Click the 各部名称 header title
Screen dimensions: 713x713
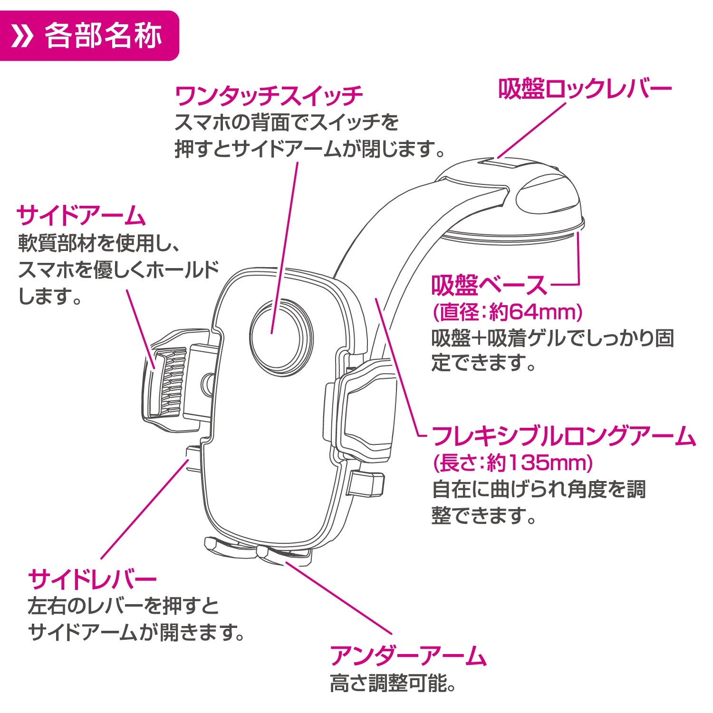click(103, 36)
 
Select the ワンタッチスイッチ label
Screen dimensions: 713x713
click(269, 96)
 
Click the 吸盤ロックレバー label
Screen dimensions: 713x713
click(585, 89)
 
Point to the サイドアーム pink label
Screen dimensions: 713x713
click(81, 216)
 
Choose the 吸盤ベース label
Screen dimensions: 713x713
click(490, 286)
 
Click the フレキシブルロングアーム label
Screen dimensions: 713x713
click(564, 436)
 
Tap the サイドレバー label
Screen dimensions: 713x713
click(93, 579)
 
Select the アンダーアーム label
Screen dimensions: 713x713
click(408, 656)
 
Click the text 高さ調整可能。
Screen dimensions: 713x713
click(393, 684)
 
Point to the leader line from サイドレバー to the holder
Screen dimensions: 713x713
click(145, 509)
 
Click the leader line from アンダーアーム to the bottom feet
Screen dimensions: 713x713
click(338, 598)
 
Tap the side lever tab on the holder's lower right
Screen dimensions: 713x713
click(366, 482)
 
